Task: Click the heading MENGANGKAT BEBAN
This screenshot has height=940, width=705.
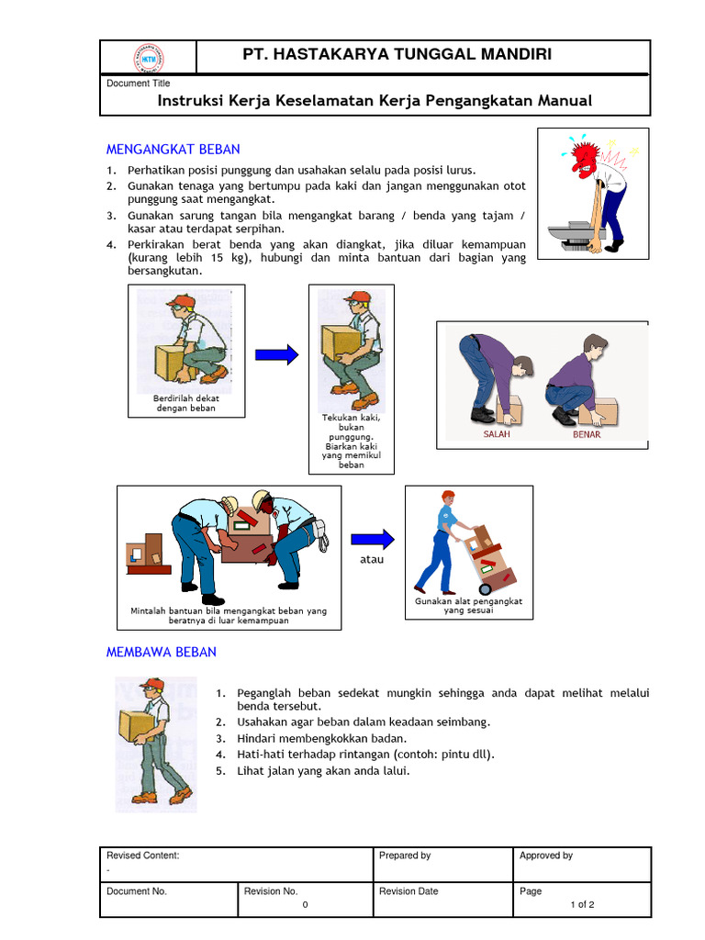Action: tap(173, 149)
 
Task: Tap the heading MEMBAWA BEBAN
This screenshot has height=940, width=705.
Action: tap(162, 652)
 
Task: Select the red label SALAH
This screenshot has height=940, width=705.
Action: tap(497, 434)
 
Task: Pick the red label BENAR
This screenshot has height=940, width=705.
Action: tap(587, 434)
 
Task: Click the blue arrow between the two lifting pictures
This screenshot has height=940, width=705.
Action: tap(276, 354)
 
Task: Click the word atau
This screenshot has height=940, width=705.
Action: tap(372, 558)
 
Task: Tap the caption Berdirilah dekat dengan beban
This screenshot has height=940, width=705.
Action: tap(185, 403)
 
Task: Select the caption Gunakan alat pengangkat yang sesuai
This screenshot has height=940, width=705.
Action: tap(468, 606)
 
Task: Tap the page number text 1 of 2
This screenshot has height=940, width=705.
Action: tap(582, 904)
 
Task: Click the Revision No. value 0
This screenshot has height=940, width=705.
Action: tap(304, 904)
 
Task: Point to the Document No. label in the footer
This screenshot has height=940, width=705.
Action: tap(137, 891)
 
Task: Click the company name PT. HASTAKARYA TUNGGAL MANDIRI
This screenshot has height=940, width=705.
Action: tap(397, 55)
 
